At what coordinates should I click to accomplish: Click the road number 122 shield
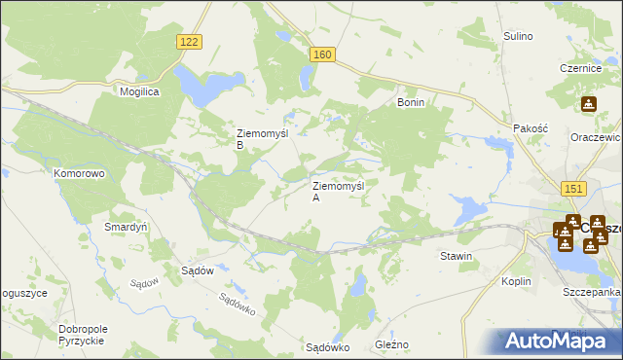pos(191,41)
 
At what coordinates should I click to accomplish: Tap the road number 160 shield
pos(324,55)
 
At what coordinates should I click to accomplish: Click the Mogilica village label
pos(139,90)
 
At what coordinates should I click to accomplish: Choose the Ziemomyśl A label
pos(337,190)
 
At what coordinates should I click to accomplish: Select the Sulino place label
pos(518,36)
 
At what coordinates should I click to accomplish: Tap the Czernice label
pos(577,68)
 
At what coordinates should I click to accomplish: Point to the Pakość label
pos(532,127)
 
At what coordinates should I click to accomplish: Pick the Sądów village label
pos(198,270)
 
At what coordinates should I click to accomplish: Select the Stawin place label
pos(456,256)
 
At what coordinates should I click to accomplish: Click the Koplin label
pos(517,280)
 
